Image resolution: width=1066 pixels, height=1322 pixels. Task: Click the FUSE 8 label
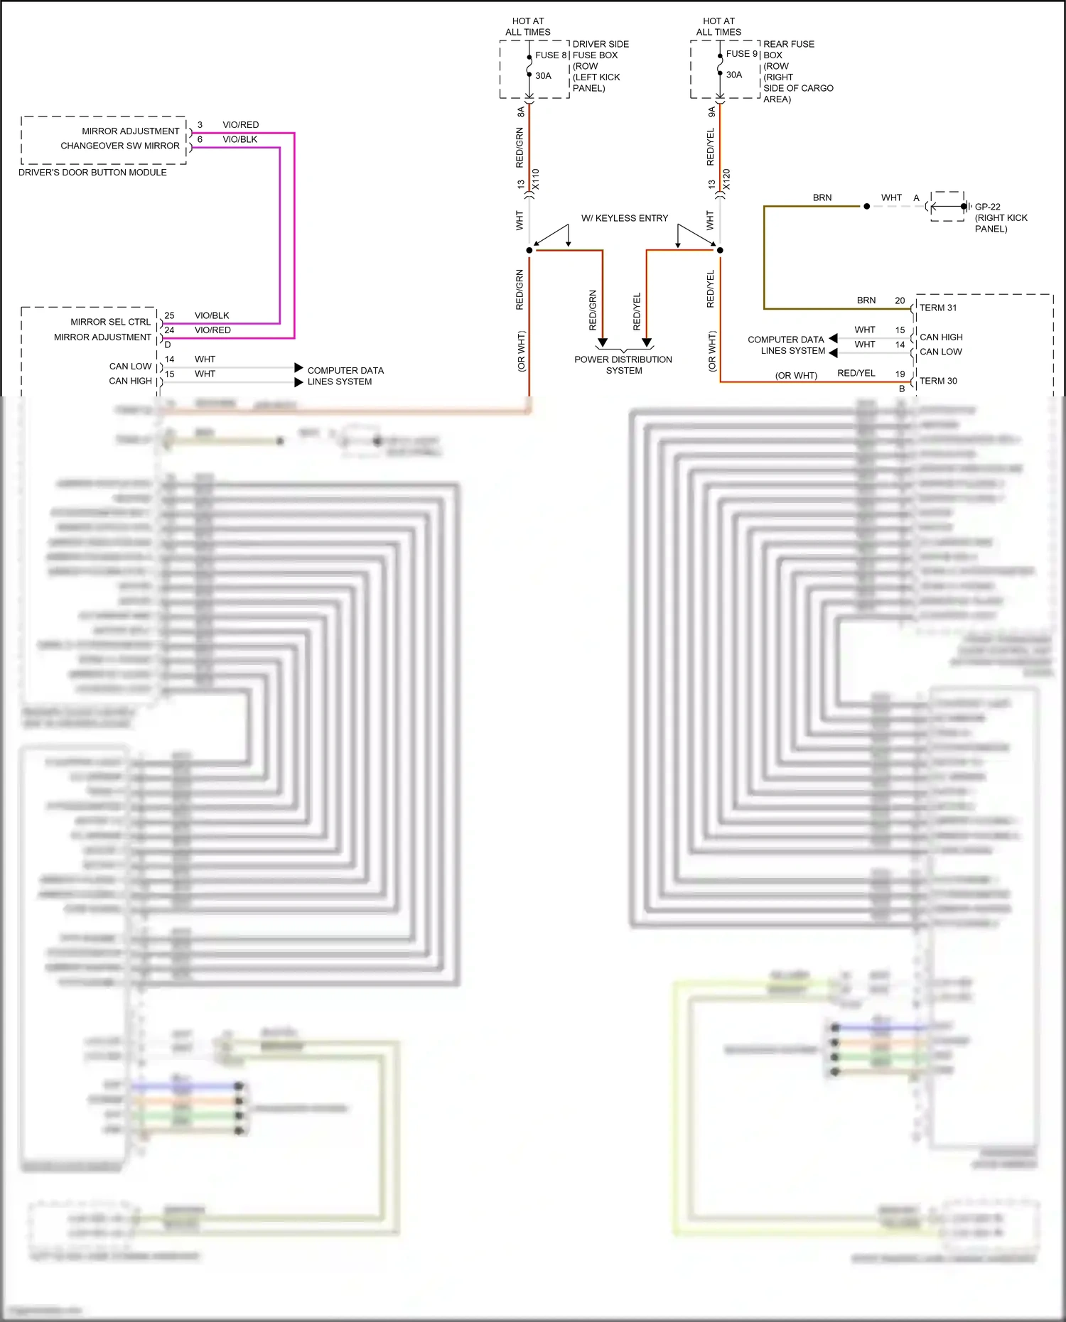coord(551,55)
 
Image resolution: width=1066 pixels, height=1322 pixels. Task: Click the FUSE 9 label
coord(741,54)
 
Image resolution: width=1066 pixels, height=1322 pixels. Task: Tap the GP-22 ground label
coord(987,207)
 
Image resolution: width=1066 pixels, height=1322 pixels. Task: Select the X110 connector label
coord(536,179)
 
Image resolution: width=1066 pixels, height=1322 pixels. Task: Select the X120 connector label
coord(726,179)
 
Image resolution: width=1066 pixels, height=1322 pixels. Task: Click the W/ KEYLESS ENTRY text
coord(624,218)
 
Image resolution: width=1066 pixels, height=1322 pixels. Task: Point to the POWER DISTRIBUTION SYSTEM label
coord(623,365)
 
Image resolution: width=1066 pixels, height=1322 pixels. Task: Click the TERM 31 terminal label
coord(938,308)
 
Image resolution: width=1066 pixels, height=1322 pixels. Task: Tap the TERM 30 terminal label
coord(938,381)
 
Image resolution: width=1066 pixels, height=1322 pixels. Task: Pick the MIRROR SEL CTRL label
coord(110,322)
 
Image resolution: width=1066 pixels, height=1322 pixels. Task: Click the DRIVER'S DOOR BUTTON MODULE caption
coord(92,173)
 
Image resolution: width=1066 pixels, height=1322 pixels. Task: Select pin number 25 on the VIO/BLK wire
coord(169,315)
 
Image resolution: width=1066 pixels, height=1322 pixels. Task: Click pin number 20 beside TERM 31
coord(900,300)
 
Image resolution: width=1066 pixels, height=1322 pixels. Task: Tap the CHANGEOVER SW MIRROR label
coord(119,146)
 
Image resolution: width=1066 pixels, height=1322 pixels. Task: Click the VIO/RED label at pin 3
coord(240,125)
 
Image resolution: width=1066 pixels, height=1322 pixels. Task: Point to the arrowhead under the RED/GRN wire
coord(603,343)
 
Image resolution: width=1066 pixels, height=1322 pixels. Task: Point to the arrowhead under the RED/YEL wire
coord(647,343)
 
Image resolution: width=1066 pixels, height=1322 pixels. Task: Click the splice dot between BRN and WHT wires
coord(866,207)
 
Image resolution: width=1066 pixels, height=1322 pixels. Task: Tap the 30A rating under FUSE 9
coord(733,75)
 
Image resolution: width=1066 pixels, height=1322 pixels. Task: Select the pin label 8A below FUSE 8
coord(521,112)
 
